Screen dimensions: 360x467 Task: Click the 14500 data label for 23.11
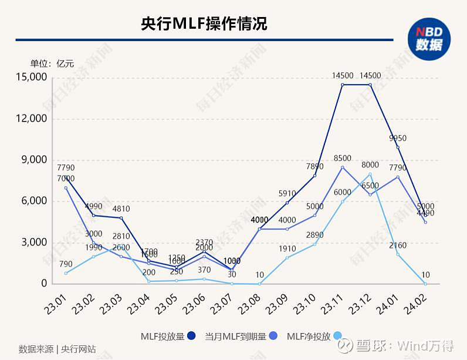[x=343, y=75]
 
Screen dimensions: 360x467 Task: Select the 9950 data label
[x=398, y=138]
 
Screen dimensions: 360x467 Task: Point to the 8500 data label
[x=343, y=158]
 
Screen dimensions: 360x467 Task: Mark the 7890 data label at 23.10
[x=314, y=166]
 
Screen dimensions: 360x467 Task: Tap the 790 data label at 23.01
[x=66, y=264]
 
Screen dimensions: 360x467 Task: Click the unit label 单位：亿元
[x=53, y=63]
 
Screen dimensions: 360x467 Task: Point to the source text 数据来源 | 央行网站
[x=57, y=348]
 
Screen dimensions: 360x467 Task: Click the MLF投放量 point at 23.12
[x=370, y=85]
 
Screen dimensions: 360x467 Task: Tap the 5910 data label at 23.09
[x=287, y=193]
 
